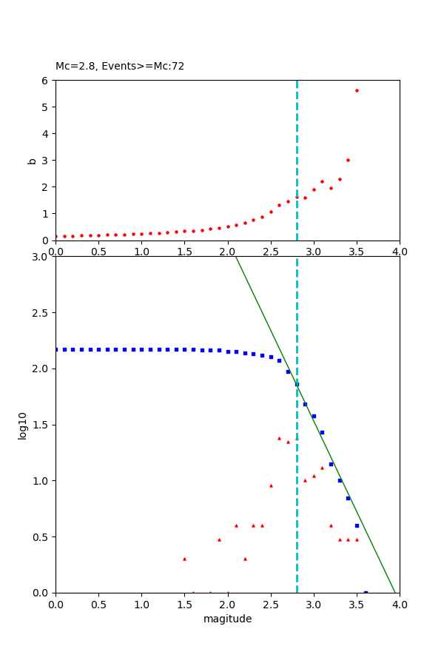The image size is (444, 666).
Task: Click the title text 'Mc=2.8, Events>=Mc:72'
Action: (x=120, y=67)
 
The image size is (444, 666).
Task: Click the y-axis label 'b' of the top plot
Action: (x=32, y=160)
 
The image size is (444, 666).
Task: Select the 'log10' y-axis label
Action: (x=23, y=425)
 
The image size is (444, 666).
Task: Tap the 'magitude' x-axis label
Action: (x=227, y=619)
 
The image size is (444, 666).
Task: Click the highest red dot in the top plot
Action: (x=357, y=90)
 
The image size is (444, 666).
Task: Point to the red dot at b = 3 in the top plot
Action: (x=348, y=160)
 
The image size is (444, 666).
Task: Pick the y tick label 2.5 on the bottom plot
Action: (x=40, y=313)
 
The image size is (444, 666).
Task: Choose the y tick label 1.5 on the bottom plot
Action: (x=40, y=425)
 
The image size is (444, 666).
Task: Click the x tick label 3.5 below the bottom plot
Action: (x=357, y=605)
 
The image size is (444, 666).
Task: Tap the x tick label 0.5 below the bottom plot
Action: (x=98, y=605)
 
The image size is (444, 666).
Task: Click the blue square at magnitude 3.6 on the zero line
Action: (x=366, y=592)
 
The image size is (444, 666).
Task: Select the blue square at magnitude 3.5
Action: (x=357, y=525)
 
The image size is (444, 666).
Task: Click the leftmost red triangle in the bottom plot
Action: (x=184, y=559)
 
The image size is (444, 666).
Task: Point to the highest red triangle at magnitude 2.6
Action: (x=279, y=438)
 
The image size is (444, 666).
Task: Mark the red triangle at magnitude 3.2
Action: (x=331, y=525)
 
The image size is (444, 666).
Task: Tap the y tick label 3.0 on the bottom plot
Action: (x=40, y=257)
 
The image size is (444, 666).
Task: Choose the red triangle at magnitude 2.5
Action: (x=271, y=485)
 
